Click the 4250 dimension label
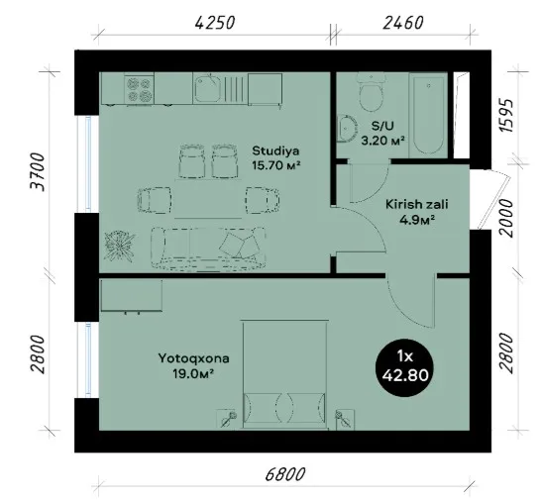pos(214,24)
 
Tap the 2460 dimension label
pos(402,24)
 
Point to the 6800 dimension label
pos(285,474)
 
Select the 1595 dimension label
pos(506,116)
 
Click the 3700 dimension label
pos(38,172)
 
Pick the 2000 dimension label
pos(506,218)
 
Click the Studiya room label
pos(275,150)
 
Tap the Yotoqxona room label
pos(193,358)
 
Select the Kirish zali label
pos(416,204)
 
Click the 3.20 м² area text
pos(382,141)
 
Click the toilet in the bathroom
pos(371,91)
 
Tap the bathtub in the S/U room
pos(428,116)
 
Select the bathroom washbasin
pos(347,128)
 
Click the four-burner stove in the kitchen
pos(139,89)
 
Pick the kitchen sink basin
pos(207,88)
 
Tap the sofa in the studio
pos(208,247)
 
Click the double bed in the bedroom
pos(284,374)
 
